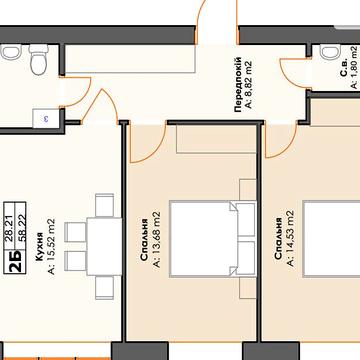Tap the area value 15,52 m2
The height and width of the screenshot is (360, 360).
(x=52, y=246)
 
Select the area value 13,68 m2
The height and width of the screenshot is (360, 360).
(x=156, y=239)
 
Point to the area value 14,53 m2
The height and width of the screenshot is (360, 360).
(x=291, y=239)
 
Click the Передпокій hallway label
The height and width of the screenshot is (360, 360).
(x=238, y=85)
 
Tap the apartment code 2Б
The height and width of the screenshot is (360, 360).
(x=15, y=261)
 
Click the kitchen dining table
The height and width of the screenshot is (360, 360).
(x=104, y=246)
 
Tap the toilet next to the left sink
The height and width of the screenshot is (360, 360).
(x=39, y=60)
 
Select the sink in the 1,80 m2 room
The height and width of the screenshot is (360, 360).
(x=329, y=52)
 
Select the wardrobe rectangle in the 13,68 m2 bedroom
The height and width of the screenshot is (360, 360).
(x=216, y=139)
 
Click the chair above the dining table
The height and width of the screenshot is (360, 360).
(x=104, y=205)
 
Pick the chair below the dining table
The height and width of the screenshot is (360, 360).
(x=104, y=288)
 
